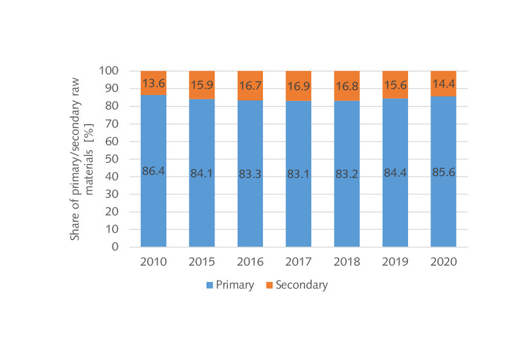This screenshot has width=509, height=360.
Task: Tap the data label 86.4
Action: (x=153, y=171)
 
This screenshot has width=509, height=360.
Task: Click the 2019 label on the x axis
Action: (x=395, y=263)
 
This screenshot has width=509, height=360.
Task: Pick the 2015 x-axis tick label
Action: (x=201, y=263)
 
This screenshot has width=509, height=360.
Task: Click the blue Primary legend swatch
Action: (x=210, y=285)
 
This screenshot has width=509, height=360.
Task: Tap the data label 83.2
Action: (x=346, y=174)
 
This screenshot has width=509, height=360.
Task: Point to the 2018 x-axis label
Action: (x=346, y=263)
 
